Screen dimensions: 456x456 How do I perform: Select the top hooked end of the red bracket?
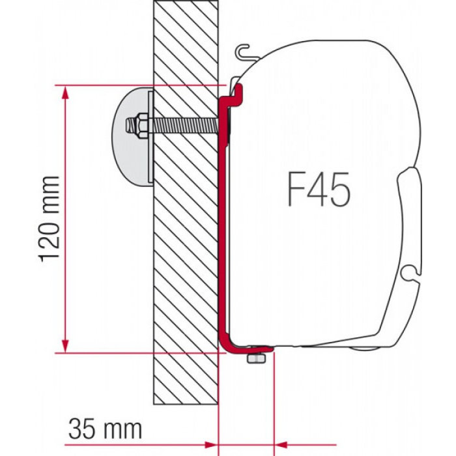click(x=235, y=91)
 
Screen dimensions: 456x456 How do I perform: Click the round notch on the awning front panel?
click(x=408, y=269)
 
